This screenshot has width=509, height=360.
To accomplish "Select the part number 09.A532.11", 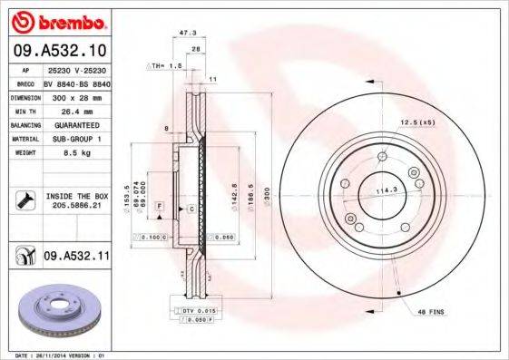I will tap(75, 258).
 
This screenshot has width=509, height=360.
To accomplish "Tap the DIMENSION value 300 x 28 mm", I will tap(75, 95).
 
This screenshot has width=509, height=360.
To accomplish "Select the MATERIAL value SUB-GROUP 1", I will tap(75, 139).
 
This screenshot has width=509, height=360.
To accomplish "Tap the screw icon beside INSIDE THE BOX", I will tap(22, 200).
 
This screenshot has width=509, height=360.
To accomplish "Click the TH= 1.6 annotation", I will tap(166, 66).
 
